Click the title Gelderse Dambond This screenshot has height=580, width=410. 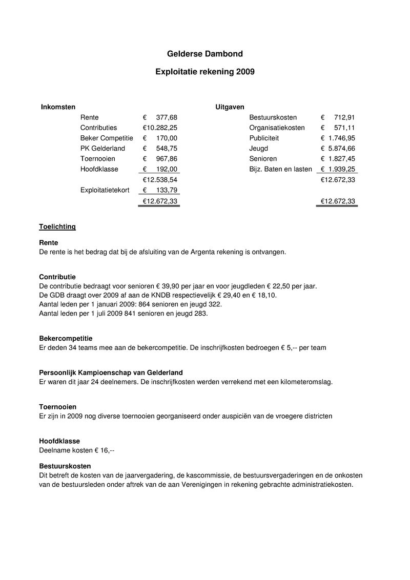[x=204, y=54]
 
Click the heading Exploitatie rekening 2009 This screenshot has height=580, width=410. [x=204, y=72]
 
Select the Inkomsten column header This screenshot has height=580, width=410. [x=58, y=107]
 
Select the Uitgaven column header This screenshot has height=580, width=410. [x=230, y=107]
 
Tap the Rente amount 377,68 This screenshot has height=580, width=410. [x=167, y=117]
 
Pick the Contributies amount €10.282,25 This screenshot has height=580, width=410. [x=160, y=128]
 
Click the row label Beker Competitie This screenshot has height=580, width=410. [x=107, y=138]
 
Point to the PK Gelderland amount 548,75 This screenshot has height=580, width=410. [x=167, y=148]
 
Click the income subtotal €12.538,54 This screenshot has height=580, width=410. [x=160, y=180]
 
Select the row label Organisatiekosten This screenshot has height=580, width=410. [x=277, y=128]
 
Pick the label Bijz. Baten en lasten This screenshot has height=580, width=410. [x=280, y=169]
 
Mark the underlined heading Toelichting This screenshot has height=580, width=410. [x=57, y=226]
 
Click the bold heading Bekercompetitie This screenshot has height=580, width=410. [x=66, y=338]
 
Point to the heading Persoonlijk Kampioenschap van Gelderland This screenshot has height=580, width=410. [x=111, y=372]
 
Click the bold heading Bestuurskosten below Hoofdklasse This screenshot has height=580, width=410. [x=65, y=466]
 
